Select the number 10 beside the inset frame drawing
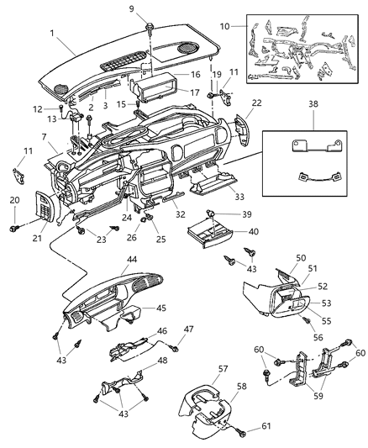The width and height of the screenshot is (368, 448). click(x=223, y=27)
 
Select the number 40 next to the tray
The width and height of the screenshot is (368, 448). click(x=230, y=231)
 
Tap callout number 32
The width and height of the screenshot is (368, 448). click(x=180, y=214)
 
